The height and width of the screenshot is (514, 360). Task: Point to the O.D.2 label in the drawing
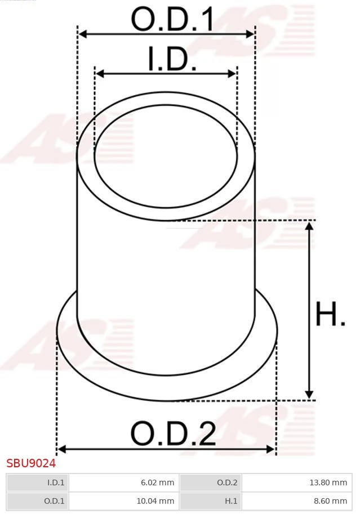pyautogui.click(x=173, y=433)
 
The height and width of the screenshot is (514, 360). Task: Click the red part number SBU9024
pyautogui.click(x=31, y=463)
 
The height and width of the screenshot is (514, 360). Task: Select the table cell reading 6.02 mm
pyautogui.click(x=123, y=482)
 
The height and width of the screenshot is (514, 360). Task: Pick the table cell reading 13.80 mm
pyautogui.click(x=296, y=482)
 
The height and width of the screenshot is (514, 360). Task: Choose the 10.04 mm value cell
pyautogui.click(x=123, y=500)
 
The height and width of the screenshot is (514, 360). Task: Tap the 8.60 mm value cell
pyautogui.click(x=296, y=500)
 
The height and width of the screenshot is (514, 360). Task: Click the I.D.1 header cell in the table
pyautogui.click(x=37, y=482)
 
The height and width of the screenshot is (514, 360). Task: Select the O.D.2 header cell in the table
pyautogui.click(x=210, y=482)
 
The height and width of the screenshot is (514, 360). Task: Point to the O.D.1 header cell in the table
pyautogui.click(x=37, y=500)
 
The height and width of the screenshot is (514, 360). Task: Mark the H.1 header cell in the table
pyautogui.click(x=210, y=500)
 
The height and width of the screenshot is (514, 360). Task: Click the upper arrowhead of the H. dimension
pyautogui.click(x=309, y=226)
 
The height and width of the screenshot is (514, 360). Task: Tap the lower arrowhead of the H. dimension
pyautogui.click(x=309, y=395)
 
